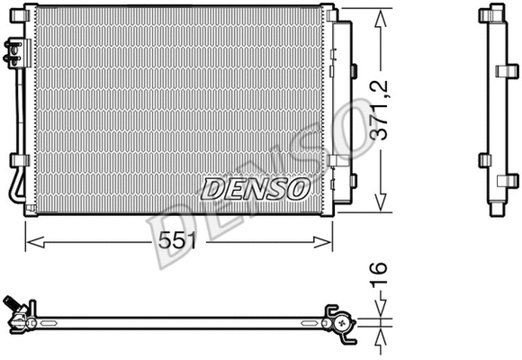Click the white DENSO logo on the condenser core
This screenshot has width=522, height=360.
pyautogui.click(x=255, y=189)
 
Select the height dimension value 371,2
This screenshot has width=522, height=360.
pyautogui.click(x=382, y=107)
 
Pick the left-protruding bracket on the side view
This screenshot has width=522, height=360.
pyautogui.click(x=481, y=159)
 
